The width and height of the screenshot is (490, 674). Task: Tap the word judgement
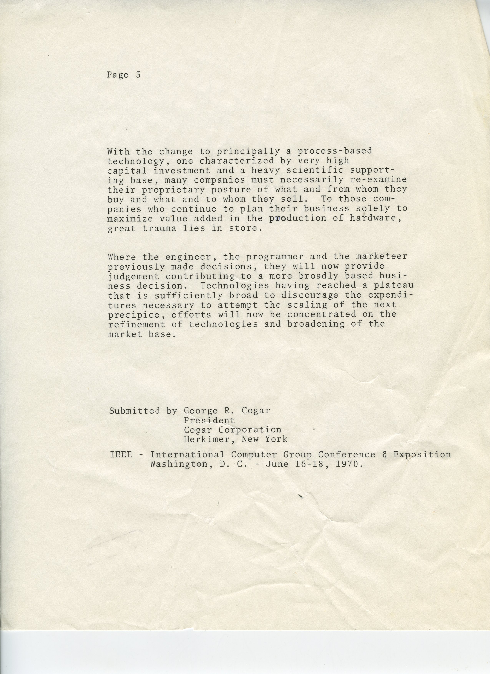point(134,276)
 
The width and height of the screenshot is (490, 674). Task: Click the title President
point(209,420)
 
